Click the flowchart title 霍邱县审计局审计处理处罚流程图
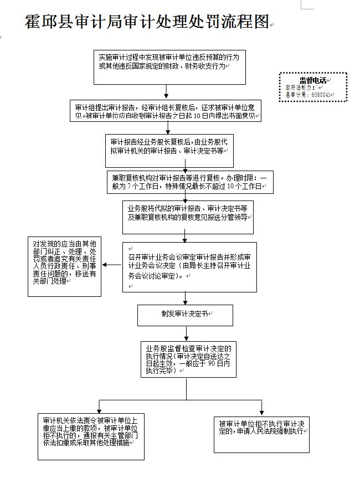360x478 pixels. pos(147,22)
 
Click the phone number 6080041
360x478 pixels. pos(322,95)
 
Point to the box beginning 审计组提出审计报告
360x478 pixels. pos(166,111)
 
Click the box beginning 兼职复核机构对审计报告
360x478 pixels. pos(189,182)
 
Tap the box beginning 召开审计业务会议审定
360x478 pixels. pos(189,266)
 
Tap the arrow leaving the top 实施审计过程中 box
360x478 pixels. pos(166,92)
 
